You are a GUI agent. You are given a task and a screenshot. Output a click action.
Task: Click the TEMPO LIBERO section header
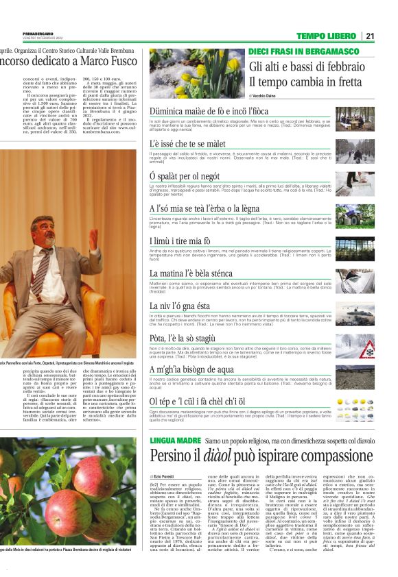click(x=327, y=36)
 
